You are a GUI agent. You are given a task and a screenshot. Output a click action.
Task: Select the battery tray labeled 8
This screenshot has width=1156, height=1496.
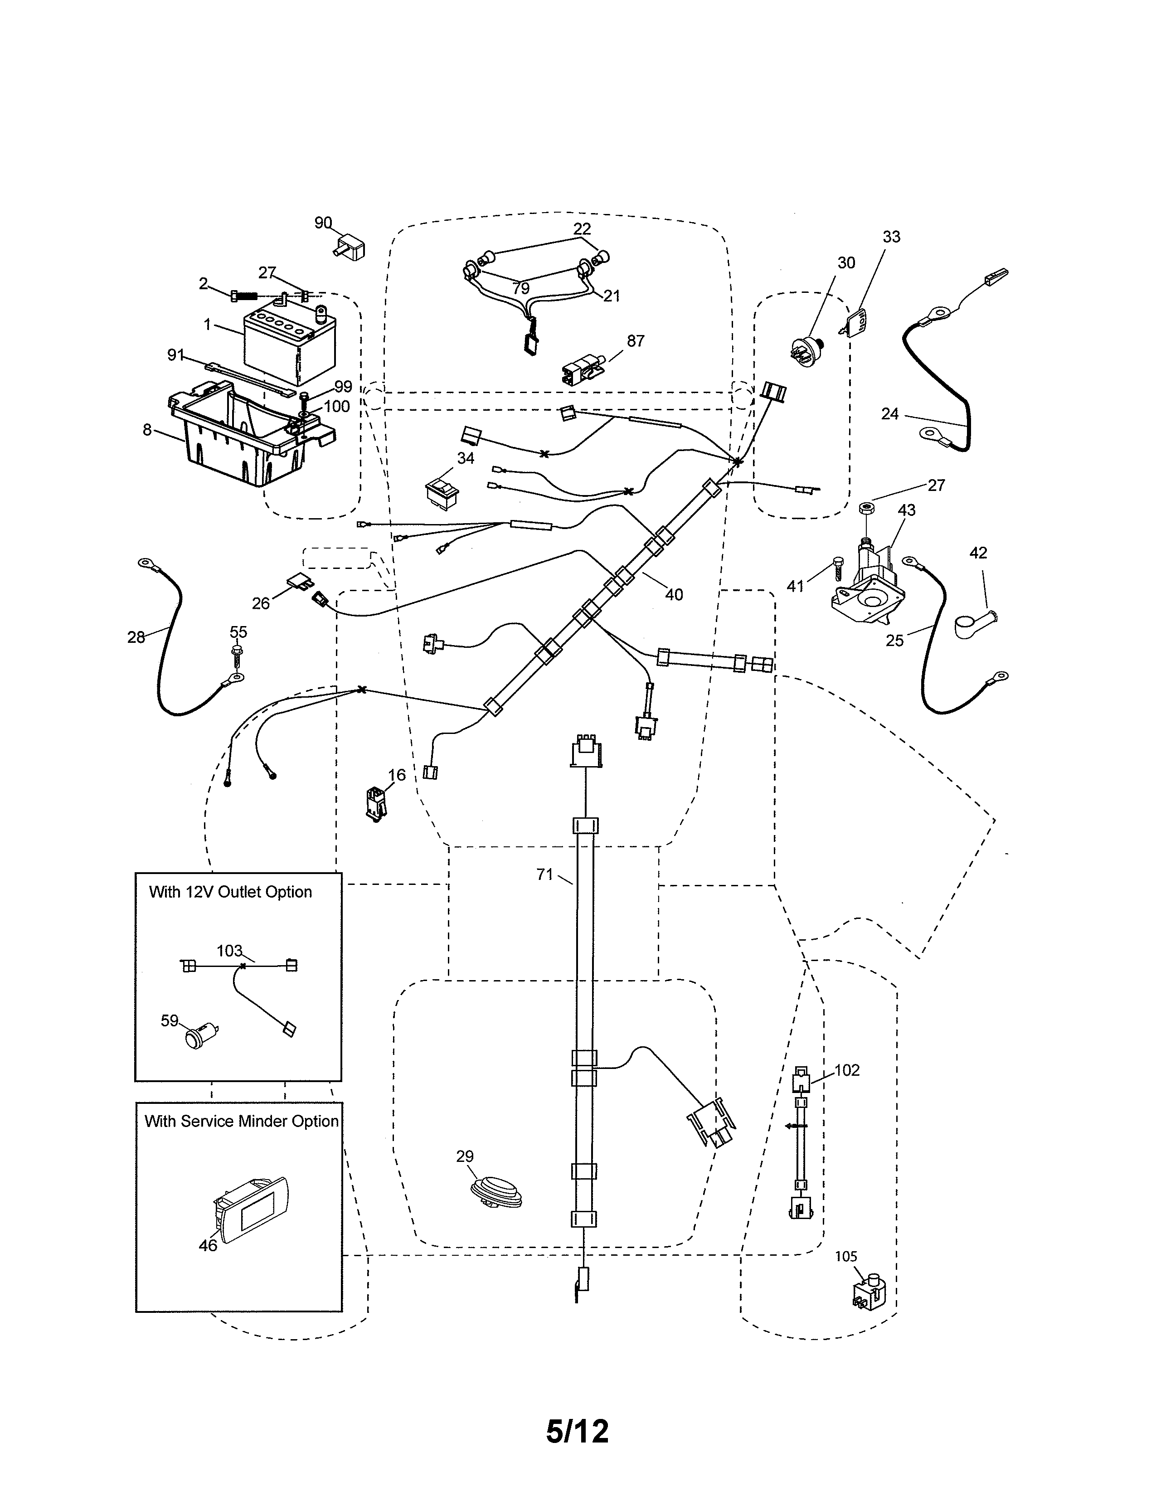point(247,438)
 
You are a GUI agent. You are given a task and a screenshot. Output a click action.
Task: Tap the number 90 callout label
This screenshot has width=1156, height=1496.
point(323,223)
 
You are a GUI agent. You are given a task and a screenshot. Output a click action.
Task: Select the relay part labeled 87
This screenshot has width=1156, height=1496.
point(582,370)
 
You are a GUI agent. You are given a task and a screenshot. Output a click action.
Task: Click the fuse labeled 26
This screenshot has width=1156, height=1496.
point(300,582)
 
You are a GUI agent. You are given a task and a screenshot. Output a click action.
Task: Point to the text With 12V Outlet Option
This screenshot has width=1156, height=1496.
point(230,892)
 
